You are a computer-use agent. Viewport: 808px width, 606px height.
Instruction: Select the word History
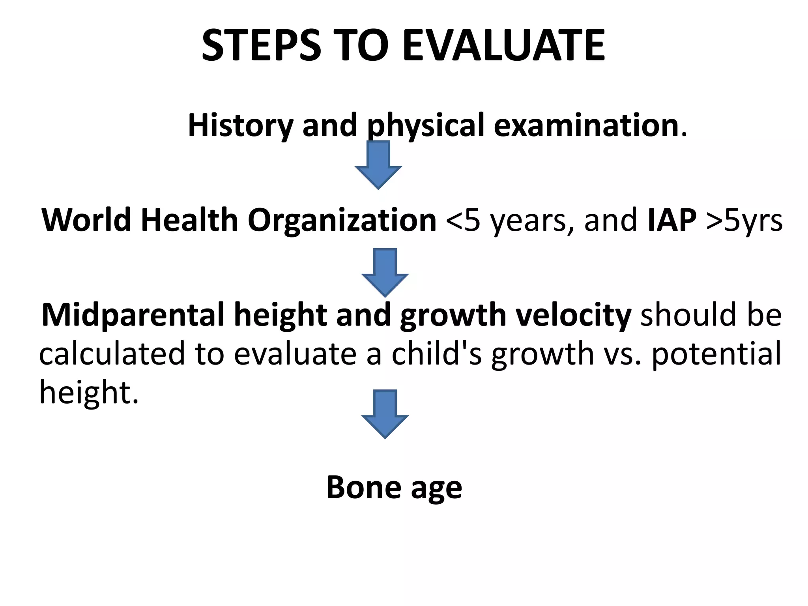coord(240,125)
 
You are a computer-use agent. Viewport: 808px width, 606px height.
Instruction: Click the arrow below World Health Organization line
coord(385,273)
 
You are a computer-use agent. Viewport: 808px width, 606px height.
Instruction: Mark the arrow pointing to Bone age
coord(385,414)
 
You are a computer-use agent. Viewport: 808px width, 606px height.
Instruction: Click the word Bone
coord(363,488)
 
